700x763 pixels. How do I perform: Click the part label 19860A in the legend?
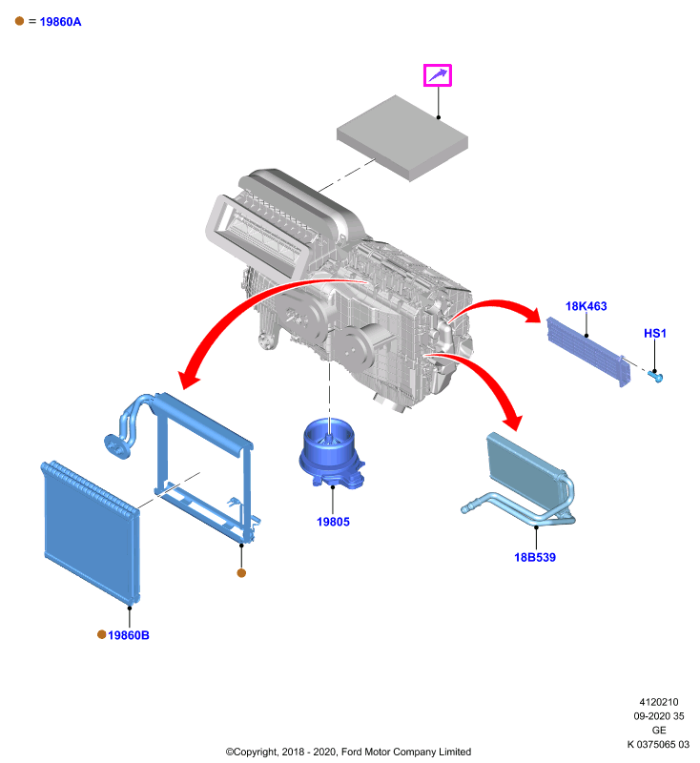point(60,22)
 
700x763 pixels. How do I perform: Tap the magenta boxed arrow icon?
point(438,75)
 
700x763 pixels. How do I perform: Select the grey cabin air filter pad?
point(402,137)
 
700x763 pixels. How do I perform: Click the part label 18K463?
point(586,306)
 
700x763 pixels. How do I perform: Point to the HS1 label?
point(655,333)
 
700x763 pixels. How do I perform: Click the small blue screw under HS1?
point(655,376)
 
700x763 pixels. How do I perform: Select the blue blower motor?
point(331,454)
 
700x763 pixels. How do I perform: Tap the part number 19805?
point(333,522)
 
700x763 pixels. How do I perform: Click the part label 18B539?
point(535,557)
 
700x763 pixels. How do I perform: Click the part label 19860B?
point(129,635)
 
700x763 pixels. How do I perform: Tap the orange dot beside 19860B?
point(102,634)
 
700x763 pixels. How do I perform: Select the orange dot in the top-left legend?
point(19,21)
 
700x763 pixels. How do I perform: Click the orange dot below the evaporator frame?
point(241,573)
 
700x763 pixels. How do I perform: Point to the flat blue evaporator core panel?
point(91,532)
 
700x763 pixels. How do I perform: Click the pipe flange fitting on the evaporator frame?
point(116,446)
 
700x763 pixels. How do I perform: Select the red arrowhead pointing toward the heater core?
point(512,421)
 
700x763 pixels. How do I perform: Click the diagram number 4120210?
point(659,702)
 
